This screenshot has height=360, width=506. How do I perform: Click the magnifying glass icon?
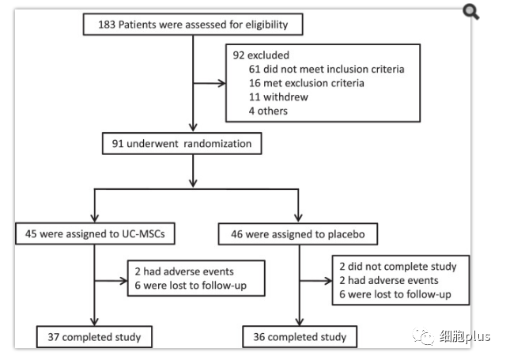[x=471, y=12]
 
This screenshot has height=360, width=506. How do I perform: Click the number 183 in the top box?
[x=107, y=25]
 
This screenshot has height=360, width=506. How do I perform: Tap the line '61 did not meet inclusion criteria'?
[x=327, y=69]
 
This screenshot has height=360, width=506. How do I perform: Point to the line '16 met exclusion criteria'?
[x=306, y=83]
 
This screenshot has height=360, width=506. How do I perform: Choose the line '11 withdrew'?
[x=278, y=97]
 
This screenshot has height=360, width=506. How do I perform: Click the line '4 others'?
[x=268, y=111]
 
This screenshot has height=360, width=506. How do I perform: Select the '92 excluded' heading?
[x=261, y=55]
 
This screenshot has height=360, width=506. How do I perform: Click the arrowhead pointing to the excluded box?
[x=221, y=83]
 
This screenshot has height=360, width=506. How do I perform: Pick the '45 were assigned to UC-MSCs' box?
[x=95, y=233]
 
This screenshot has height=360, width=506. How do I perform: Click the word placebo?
[x=346, y=234]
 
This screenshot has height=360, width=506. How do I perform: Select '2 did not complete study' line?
[x=398, y=267]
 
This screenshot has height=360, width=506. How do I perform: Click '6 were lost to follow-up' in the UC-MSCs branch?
[x=191, y=286]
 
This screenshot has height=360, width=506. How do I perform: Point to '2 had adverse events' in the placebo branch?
[x=388, y=280]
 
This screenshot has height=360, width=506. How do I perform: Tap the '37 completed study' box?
[x=94, y=337]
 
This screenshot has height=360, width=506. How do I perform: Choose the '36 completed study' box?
[x=300, y=337]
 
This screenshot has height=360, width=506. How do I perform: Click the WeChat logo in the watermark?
[x=423, y=336]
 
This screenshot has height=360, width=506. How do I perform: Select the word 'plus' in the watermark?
[x=478, y=337]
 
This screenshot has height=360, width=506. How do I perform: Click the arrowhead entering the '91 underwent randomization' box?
[x=193, y=127]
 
